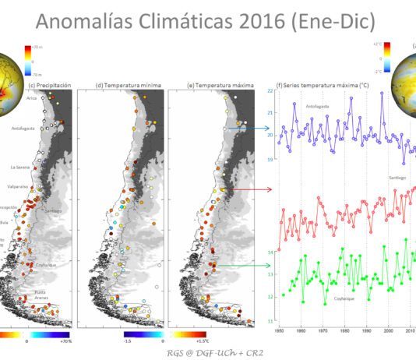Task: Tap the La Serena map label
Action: point(19,167)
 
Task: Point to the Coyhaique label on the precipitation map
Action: point(45,265)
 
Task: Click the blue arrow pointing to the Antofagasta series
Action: point(255,128)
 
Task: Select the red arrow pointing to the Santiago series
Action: point(255,189)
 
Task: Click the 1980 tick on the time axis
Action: point(344,330)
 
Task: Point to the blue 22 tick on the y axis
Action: point(269,91)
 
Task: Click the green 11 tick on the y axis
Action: point(269,320)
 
